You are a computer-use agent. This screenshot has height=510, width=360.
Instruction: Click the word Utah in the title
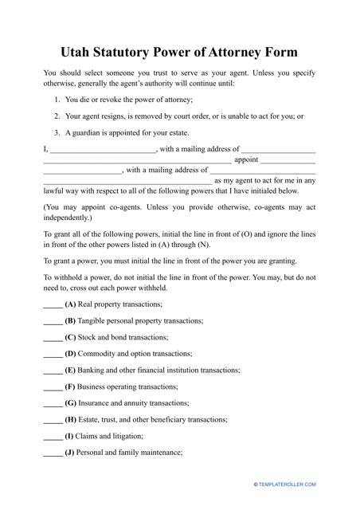[x=80, y=53]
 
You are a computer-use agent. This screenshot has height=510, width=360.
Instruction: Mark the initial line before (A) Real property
[x=52, y=305]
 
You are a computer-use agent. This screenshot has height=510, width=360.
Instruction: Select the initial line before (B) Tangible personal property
[x=52, y=322]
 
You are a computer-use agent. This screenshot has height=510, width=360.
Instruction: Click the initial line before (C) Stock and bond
[x=52, y=338]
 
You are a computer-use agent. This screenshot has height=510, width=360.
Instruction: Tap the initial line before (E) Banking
[x=52, y=371]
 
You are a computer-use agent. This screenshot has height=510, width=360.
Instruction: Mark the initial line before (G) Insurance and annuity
[x=52, y=404]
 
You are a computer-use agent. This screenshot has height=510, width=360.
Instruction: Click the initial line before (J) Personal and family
[x=52, y=453]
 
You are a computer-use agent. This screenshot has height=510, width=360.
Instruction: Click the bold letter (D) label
[x=71, y=354]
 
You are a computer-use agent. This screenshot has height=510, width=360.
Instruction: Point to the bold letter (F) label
[x=71, y=387]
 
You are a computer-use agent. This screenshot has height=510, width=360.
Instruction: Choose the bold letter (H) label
[x=71, y=420]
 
